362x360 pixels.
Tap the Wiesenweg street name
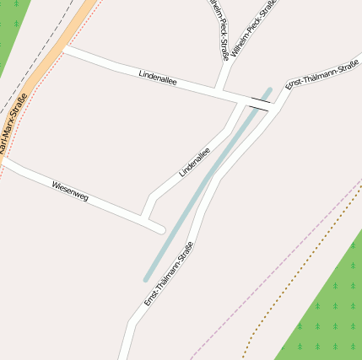(70, 191)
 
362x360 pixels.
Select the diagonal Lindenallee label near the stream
(194, 162)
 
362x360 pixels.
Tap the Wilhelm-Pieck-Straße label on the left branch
(219, 30)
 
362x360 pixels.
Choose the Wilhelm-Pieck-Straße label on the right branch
(255, 23)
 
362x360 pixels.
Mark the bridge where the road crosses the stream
(260, 104)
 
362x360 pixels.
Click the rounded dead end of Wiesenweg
(159, 228)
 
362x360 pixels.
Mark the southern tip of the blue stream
(146, 279)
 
